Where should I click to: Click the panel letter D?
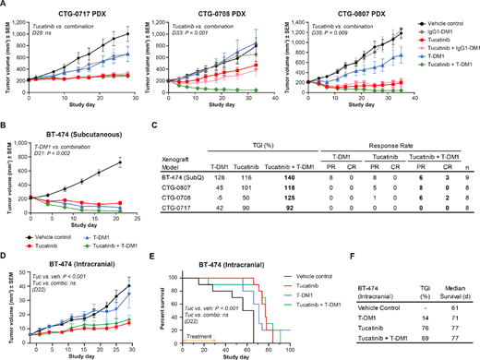(x=5, y=242)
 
